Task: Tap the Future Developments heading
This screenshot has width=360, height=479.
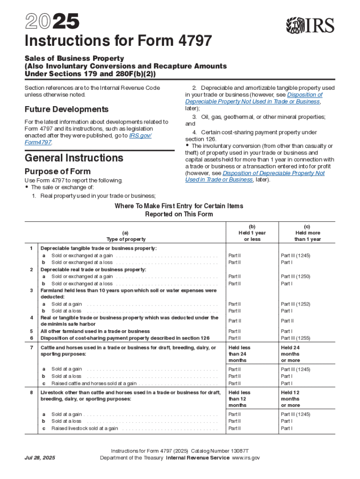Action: point(66,109)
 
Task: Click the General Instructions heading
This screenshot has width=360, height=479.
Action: point(74,158)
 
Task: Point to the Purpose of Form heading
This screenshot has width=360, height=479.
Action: point(58,171)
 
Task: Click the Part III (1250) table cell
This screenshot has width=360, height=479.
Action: point(295,276)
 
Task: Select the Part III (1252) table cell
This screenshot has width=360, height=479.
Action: point(295,304)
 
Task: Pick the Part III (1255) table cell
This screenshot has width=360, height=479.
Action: point(295,338)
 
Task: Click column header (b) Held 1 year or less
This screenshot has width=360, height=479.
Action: point(252,232)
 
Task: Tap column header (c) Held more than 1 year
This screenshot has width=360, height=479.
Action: point(307,232)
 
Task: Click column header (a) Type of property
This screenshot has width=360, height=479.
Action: point(126,236)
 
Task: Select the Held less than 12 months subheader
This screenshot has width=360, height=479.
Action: point(239,399)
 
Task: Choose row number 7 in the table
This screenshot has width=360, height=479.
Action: point(31,348)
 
